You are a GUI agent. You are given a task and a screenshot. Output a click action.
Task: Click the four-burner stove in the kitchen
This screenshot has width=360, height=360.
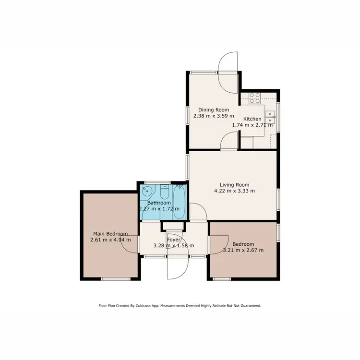[x=254, y=97]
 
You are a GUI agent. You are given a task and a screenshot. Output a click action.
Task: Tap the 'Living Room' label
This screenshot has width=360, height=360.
[x=234, y=185]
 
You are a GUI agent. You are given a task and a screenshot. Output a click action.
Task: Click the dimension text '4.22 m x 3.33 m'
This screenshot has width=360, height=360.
[x=234, y=191]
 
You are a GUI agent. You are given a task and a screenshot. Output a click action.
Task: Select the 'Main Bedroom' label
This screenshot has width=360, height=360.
[x=110, y=234]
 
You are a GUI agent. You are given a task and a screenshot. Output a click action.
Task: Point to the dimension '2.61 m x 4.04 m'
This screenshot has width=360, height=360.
[x=110, y=240]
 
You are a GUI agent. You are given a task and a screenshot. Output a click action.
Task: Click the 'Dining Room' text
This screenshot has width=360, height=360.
[x=214, y=110]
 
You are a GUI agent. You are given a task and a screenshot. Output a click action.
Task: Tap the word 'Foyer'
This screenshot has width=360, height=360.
[x=173, y=240]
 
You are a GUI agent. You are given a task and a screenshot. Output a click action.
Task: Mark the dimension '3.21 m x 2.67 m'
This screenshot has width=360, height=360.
[x=243, y=250]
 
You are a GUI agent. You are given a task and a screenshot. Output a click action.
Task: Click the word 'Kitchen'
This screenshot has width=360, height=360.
[x=252, y=119]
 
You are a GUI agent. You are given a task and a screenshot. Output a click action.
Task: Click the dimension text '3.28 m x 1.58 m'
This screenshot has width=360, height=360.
[x=173, y=246]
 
